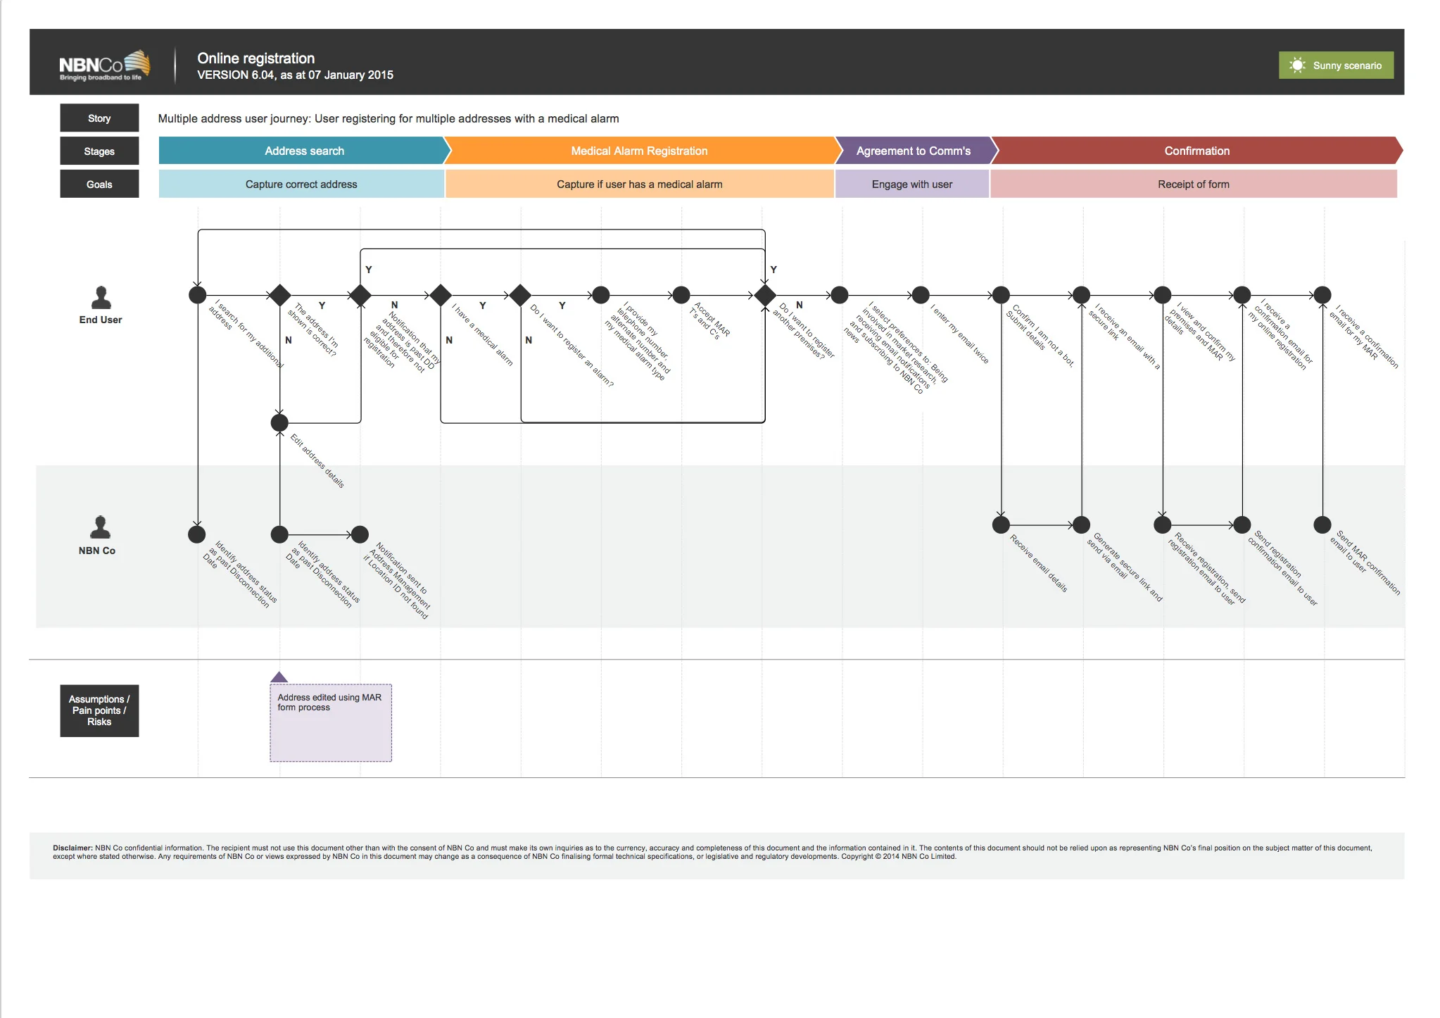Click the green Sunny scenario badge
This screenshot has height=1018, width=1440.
pyautogui.click(x=1335, y=65)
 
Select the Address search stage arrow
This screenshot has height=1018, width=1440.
pyautogui.click(x=303, y=151)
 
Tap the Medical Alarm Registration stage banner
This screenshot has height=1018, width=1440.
pyautogui.click(x=639, y=151)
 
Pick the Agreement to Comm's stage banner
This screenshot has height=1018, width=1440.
pyautogui.click(x=913, y=151)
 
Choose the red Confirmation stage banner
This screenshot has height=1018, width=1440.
pyautogui.click(x=1196, y=151)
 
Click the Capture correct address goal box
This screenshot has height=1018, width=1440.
pyautogui.click(x=301, y=184)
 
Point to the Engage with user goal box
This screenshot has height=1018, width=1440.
pyautogui.click(x=911, y=184)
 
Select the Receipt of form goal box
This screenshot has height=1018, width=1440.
pyautogui.click(x=1193, y=184)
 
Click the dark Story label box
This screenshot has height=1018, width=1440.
pyautogui.click(x=99, y=118)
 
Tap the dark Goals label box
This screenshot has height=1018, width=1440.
pyautogui.click(x=99, y=184)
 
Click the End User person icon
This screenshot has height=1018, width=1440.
pyautogui.click(x=101, y=298)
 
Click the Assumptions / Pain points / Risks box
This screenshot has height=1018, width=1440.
pyautogui.click(x=99, y=710)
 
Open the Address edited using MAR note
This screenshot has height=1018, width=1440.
pyautogui.click(x=330, y=722)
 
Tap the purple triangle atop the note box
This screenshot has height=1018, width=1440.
pyautogui.click(x=279, y=677)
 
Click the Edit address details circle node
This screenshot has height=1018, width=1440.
pyautogui.click(x=279, y=422)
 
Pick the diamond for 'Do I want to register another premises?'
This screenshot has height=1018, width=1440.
pyautogui.click(x=764, y=295)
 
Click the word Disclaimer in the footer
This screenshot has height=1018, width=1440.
pyautogui.click(x=72, y=848)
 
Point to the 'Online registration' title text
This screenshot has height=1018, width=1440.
pyautogui.click(x=255, y=58)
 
